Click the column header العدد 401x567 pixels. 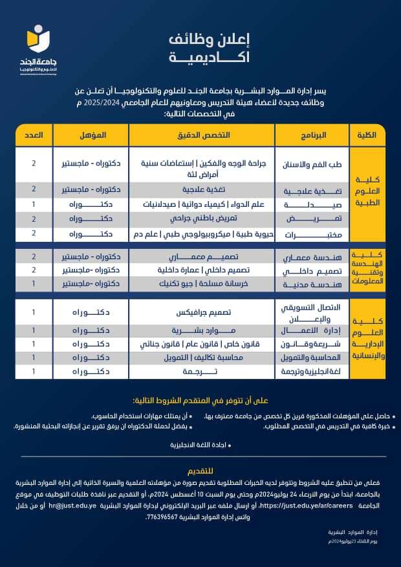(34, 135)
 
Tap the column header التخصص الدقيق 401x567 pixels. (201, 135)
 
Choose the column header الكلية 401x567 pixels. (367, 135)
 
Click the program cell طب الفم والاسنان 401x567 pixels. (309, 165)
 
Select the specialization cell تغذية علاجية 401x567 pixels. (201, 189)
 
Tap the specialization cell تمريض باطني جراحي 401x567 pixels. (201, 219)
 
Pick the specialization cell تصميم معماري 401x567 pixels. (201, 257)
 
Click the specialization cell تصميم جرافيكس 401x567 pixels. (201, 312)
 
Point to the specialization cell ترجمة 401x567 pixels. (201, 371)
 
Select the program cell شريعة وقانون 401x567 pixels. (309, 344)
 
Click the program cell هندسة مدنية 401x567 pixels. (309, 284)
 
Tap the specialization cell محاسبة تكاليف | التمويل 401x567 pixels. (201, 358)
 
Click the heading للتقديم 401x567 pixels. (202, 471)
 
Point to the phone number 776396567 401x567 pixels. (167, 517)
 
